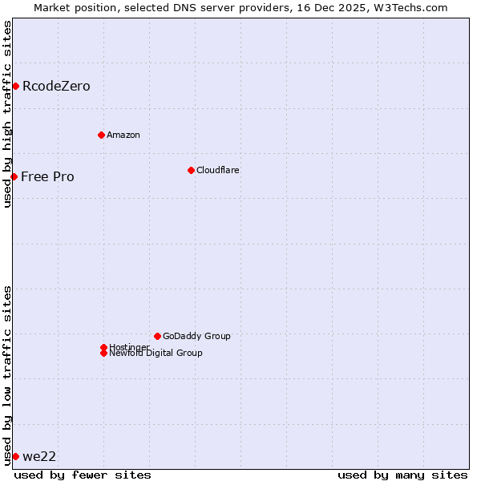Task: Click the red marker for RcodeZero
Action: (x=15, y=86)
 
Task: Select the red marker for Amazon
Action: (x=101, y=135)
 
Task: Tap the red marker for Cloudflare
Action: (x=191, y=170)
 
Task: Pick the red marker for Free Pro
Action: (x=14, y=176)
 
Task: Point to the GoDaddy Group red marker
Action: (x=157, y=336)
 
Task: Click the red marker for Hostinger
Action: (x=103, y=347)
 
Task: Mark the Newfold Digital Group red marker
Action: (x=103, y=353)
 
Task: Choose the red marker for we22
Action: (x=15, y=456)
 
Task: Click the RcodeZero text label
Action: (x=56, y=87)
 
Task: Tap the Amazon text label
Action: (x=123, y=135)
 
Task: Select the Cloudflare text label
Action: (x=218, y=170)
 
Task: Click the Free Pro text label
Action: (x=47, y=177)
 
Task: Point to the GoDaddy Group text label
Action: (x=196, y=336)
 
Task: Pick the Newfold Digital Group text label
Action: (x=156, y=354)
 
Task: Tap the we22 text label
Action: (x=39, y=457)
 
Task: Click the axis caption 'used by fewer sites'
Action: (x=83, y=475)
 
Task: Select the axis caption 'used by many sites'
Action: (x=402, y=475)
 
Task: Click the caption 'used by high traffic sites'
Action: (x=8, y=114)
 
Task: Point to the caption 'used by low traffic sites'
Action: (x=8, y=375)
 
